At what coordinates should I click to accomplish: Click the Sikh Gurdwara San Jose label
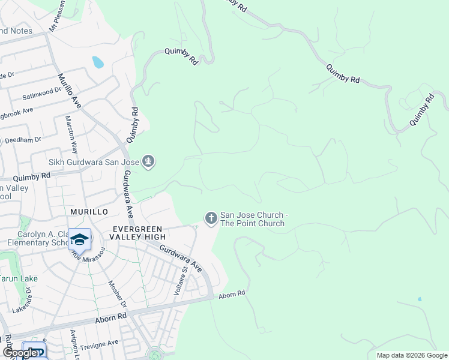pos(94,161)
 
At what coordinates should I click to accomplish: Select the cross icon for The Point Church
pos(211,218)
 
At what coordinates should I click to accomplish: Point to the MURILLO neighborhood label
pos(89,212)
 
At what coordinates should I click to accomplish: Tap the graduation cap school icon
pos(79,239)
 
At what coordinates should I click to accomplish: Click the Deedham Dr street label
pos(22,139)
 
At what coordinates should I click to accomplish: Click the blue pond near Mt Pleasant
pos(97,62)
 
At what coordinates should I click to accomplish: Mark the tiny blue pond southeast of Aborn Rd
pos(419,299)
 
